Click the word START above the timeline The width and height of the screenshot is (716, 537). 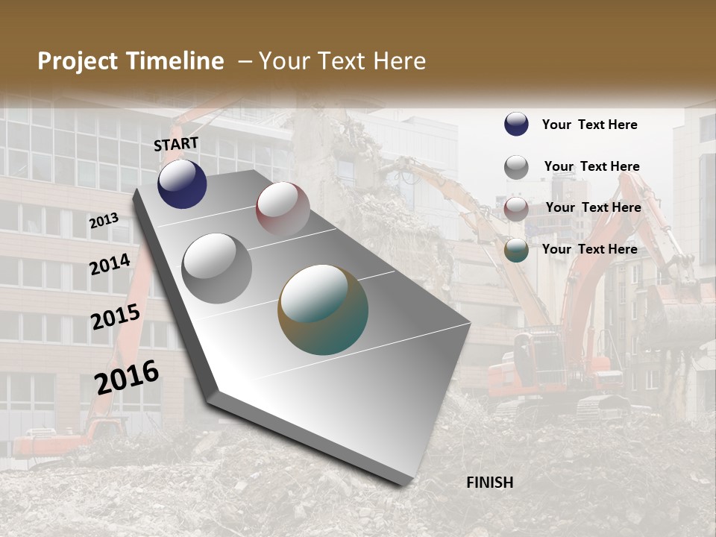pos(176,144)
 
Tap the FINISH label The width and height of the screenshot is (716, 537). pos(489,483)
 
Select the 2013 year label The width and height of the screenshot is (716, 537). pos(104,220)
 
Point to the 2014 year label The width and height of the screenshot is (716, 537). pos(110,264)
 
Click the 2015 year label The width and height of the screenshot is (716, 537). pos(115,317)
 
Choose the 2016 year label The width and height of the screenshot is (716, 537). pos(127,377)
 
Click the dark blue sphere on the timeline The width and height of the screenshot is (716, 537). pos(182,184)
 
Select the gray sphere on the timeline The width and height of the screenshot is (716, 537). pos(217,268)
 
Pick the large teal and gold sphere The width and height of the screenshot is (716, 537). pos(323,310)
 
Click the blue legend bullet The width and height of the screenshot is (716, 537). pos(516,124)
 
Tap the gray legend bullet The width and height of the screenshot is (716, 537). pos(516,167)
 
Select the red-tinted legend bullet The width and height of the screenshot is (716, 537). pos(516,209)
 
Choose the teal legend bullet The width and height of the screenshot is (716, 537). pos(516,251)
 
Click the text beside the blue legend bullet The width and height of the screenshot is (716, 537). pos(589,125)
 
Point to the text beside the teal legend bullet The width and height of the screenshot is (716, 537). pos(589,249)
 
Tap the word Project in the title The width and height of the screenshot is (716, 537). pos(77,61)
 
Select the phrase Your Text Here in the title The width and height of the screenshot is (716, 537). pos(342,61)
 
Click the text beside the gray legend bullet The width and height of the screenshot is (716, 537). pos(591,166)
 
